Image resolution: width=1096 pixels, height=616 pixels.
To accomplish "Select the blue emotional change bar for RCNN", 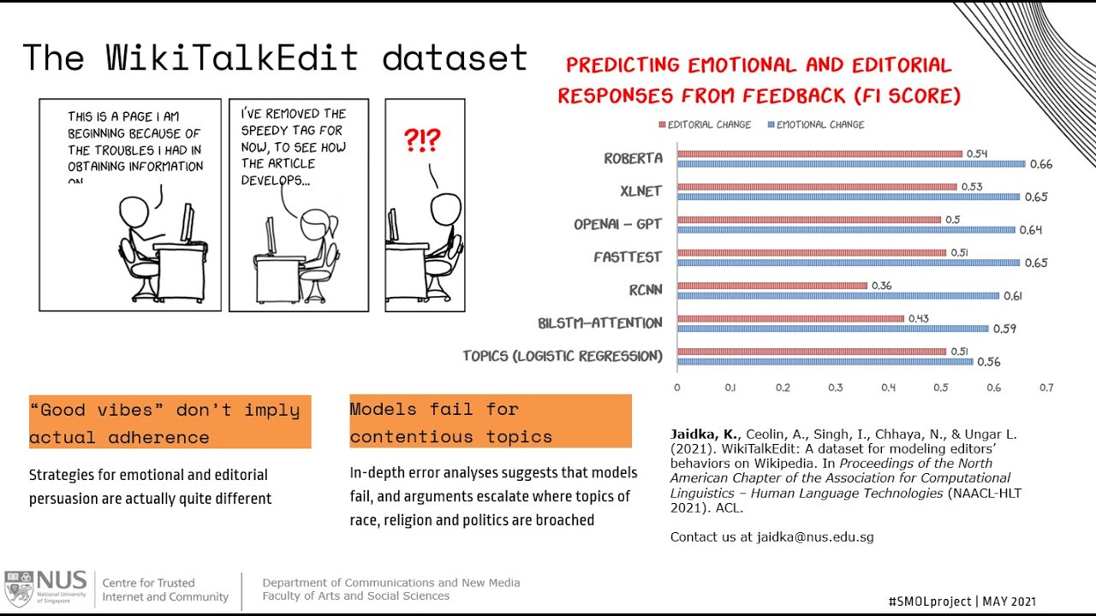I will point(837,296).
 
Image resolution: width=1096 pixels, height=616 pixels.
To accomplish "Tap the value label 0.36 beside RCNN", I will point(882,286).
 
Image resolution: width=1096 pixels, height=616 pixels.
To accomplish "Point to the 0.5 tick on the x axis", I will point(941,388).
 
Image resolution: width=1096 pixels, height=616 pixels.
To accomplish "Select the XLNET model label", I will point(640,192).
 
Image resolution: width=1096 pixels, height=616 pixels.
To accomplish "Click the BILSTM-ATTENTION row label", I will point(600,323).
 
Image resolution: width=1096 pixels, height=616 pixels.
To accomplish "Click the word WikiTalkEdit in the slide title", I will point(232,58).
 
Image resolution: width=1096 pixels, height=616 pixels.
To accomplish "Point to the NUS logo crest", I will point(18,589).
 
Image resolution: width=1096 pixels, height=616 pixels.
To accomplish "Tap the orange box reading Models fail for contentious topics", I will point(490,422).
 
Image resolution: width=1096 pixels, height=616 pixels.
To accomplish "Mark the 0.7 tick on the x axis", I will point(1046,388).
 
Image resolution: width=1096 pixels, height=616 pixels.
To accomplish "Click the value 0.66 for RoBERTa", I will point(1040,164).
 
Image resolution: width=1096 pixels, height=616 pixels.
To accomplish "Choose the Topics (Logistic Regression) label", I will point(563,356).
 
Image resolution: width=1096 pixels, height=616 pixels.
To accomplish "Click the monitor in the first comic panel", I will point(187,224).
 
